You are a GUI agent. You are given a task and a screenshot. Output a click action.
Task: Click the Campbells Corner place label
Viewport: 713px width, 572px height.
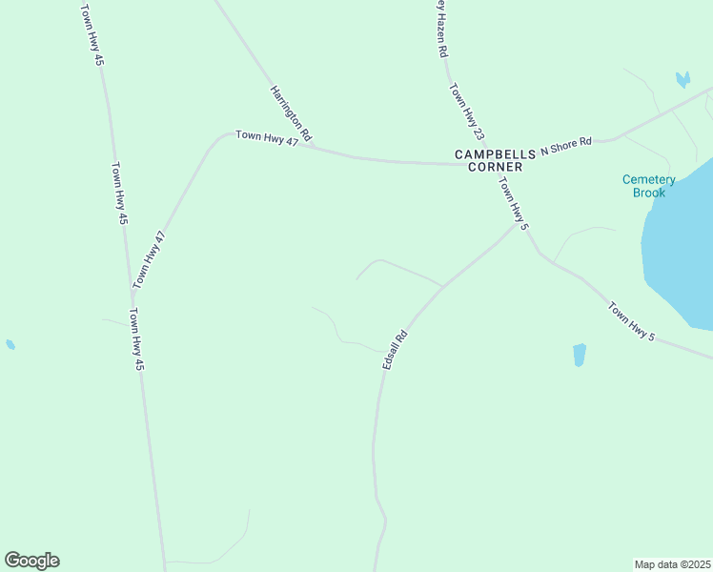click(488, 160)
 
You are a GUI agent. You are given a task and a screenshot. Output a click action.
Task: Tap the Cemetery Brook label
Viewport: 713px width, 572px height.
click(648, 186)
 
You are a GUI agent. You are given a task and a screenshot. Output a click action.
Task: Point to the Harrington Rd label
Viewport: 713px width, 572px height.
click(291, 115)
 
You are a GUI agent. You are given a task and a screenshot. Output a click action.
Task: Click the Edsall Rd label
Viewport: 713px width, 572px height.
click(395, 350)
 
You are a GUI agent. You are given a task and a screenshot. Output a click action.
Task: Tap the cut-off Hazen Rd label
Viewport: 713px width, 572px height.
click(440, 29)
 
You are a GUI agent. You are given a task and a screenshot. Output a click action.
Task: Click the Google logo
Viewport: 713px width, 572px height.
click(31, 561)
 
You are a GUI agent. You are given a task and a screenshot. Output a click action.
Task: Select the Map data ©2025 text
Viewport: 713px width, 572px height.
click(672, 563)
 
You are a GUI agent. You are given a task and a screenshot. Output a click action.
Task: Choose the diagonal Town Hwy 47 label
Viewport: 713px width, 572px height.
click(149, 259)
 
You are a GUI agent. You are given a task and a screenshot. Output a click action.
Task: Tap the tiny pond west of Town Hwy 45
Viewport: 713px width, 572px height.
click(10, 344)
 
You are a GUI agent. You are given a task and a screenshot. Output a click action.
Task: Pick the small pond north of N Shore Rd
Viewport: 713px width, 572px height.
click(682, 79)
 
